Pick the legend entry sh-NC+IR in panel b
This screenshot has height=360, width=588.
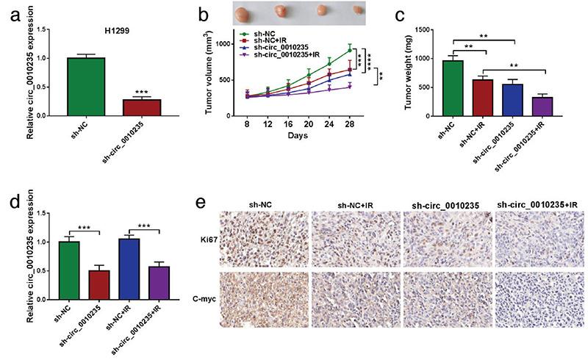tap(270, 40)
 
